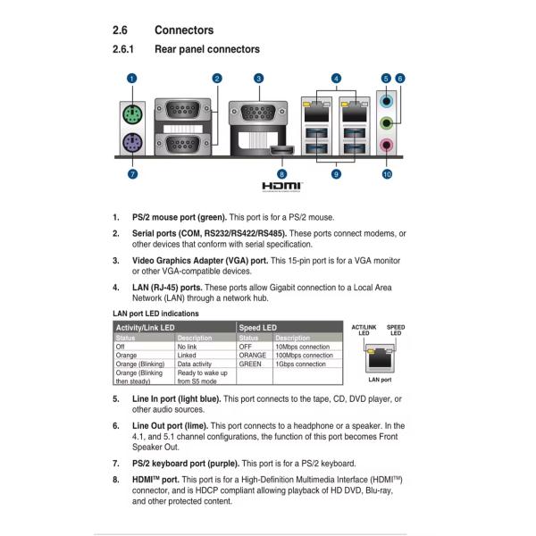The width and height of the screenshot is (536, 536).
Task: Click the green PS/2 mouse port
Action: click(131, 114)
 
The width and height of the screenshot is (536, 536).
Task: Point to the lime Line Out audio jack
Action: click(387, 123)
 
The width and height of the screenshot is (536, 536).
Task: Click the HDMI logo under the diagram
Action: click(282, 186)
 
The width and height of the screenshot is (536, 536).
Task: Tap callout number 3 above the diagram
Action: click(258, 79)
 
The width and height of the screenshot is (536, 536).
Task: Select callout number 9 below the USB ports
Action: click(336, 174)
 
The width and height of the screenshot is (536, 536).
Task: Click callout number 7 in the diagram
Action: click(132, 173)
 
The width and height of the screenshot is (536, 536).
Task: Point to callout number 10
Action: click(387, 174)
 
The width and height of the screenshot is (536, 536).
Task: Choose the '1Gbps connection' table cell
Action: click(301, 364)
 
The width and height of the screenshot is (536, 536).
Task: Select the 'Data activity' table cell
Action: click(196, 364)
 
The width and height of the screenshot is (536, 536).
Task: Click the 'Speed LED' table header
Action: click(258, 328)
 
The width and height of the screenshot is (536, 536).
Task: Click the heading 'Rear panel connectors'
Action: click(207, 49)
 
